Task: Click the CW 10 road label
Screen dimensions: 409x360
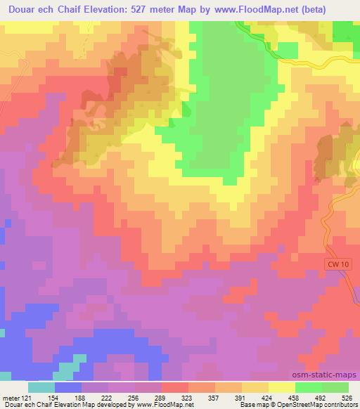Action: click(338, 263)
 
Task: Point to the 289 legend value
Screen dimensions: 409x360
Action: click(161, 397)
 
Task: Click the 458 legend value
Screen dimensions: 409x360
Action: click(295, 397)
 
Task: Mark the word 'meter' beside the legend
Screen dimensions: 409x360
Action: click(9, 397)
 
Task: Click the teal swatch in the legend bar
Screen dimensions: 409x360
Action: click(41, 387)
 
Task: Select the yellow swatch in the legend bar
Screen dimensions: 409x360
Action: click(282, 387)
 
